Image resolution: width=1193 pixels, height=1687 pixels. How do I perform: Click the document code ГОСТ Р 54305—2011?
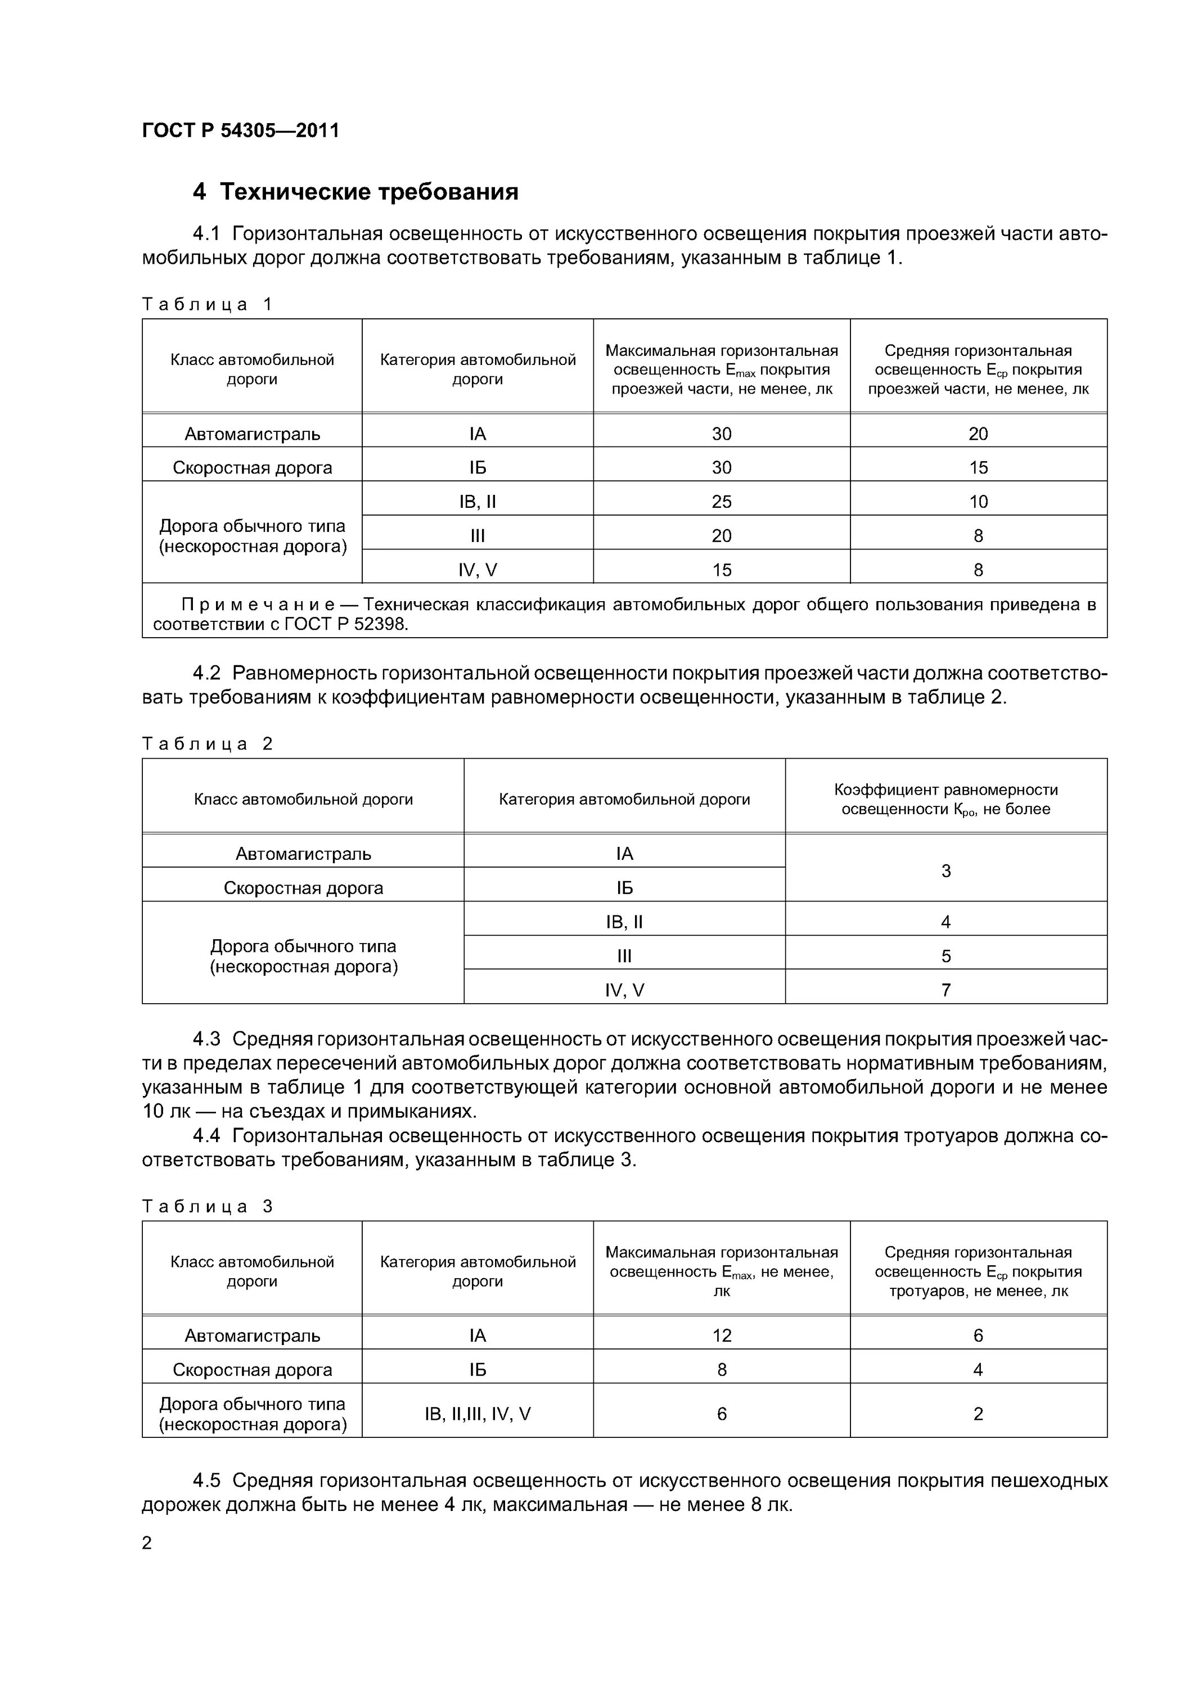pos(240,131)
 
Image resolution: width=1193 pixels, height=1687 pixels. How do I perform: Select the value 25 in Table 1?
pos(721,502)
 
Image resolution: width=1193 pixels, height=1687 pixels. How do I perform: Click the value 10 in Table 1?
pos(978,502)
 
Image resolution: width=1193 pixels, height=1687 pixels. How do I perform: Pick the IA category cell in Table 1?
pos(477,434)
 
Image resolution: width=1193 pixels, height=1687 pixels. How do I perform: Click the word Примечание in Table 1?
pos(259,605)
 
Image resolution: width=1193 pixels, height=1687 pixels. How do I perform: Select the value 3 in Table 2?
pos(946,870)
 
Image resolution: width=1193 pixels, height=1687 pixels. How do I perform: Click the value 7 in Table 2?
pos(946,990)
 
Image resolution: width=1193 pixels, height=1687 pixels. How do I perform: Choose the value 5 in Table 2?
pos(946,956)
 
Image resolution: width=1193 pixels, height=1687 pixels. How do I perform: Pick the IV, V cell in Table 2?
pos(624,990)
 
